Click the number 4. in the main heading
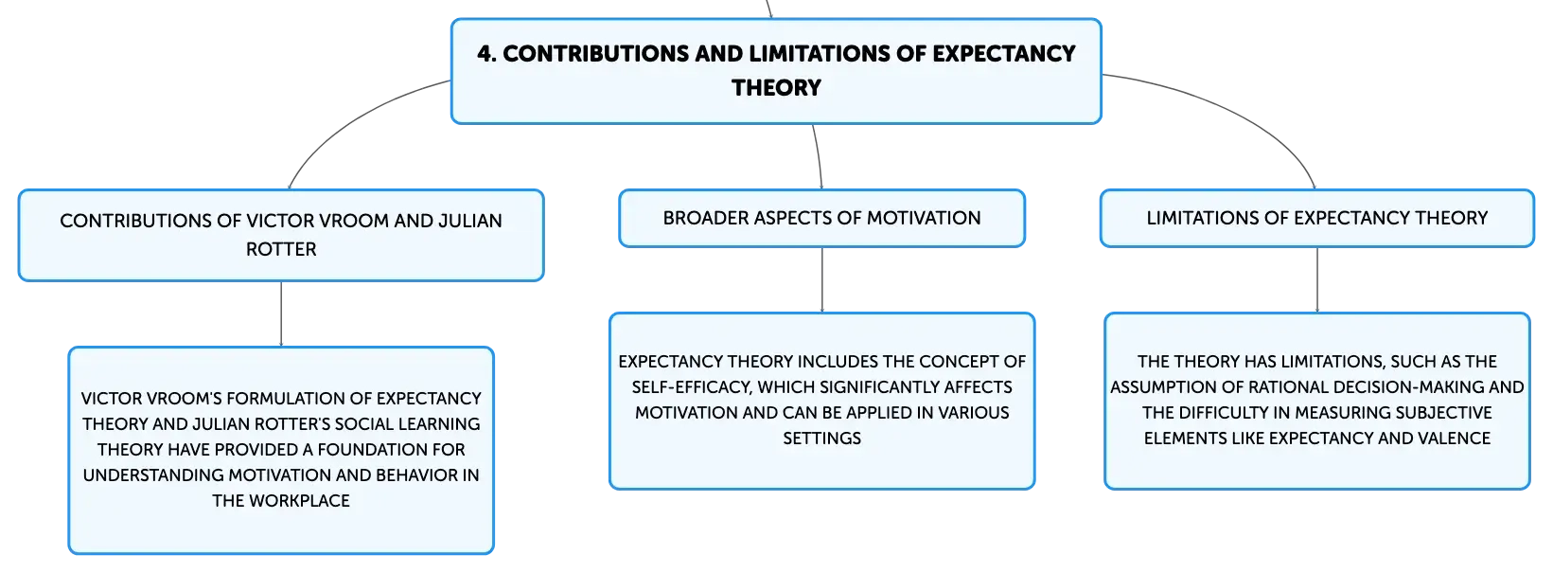coord(486,54)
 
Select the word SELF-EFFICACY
coord(691,387)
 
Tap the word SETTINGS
coord(822,439)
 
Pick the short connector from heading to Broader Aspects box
coord(819,157)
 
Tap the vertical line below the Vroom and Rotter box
coord(281,314)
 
